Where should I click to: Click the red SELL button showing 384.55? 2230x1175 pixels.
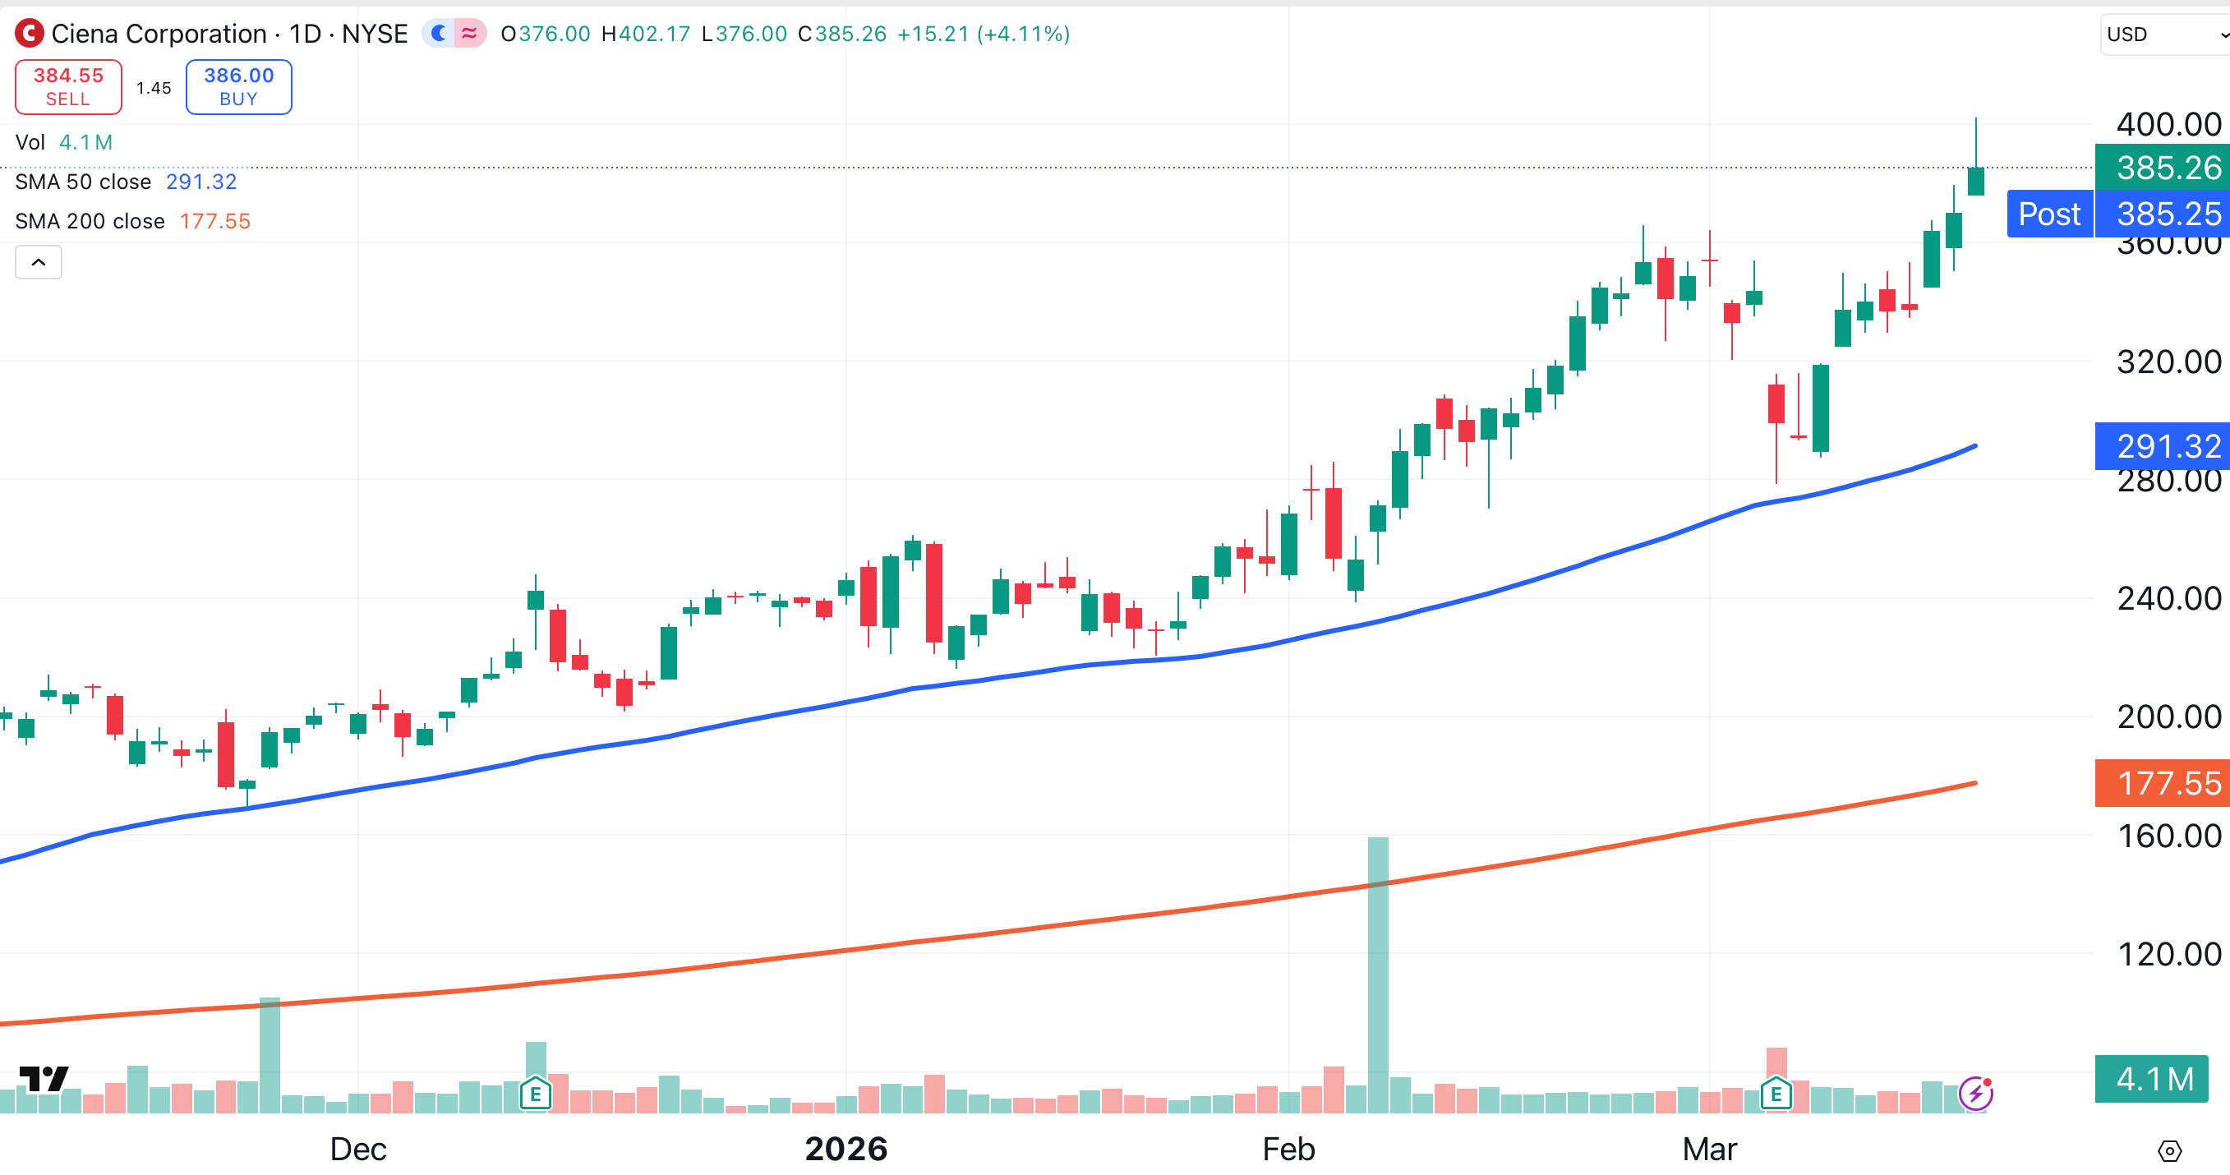pyautogui.click(x=68, y=86)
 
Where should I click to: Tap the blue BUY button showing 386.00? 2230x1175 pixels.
pyautogui.click(x=238, y=86)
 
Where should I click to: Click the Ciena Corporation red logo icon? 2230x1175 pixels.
pyautogui.click(x=30, y=34)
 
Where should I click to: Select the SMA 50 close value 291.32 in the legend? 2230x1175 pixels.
pyautogui.click(x=200, y=182)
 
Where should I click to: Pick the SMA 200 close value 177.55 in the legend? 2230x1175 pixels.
pyautogui.click(x=214, y=222)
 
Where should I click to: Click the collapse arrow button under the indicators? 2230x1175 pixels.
pyautogui.click(x=38, y=262)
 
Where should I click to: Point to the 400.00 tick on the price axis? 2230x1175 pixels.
pyautogui.click(x=2168, y=125)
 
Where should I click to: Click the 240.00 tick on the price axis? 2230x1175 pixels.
pyautogui.click(x=2168, y=598)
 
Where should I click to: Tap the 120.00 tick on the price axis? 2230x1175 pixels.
pyautogui.click(x=2168, y=954)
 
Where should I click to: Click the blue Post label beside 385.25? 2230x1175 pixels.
pyautogui.click(x=2048, y=214)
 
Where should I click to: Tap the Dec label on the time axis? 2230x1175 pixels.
pyautogui.click(x=357, y=1149)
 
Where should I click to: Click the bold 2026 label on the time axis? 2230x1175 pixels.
pyautogui.click(x=845, y=1149)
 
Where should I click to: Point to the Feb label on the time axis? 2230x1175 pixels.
pyautogui.click(x=1288, y=1149)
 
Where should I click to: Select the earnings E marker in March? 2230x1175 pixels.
pyautogui.click(x=1776, y=1094)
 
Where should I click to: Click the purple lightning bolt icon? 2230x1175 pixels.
pyautogui.click(x=1975, y=1094)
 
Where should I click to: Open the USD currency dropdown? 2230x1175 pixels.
pyautogui.click(x=2164, y=35)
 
